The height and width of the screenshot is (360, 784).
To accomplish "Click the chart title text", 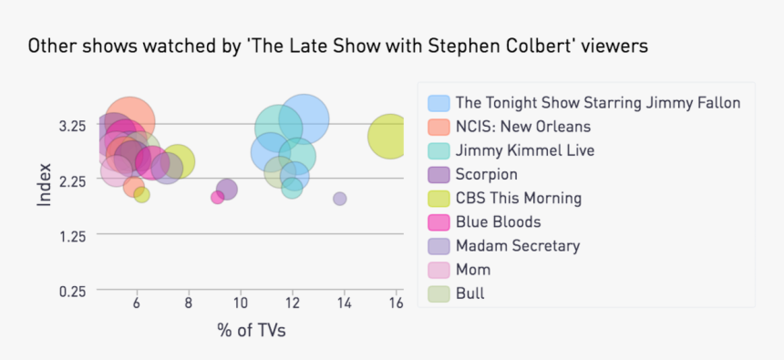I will [x=337, y=46].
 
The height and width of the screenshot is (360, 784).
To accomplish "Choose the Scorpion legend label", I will [x=487, y=174].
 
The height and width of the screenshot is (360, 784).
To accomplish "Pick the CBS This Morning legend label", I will [x=518, y=198].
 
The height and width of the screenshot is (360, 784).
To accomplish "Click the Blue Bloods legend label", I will [x=498, y=221].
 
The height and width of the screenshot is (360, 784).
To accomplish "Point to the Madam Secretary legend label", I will [x=517, y=245].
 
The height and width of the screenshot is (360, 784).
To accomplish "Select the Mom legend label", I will [x=473, y=269].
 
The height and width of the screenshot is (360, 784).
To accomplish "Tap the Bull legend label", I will [x=470, y=293].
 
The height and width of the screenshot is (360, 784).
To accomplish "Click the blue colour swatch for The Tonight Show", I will [x=438, y=103].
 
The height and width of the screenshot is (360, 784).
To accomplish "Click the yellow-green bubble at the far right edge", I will [x=390, y=137].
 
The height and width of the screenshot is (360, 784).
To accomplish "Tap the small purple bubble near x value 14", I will [x=340, y=199].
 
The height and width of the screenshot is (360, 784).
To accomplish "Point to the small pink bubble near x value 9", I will [x=217, y=197].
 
